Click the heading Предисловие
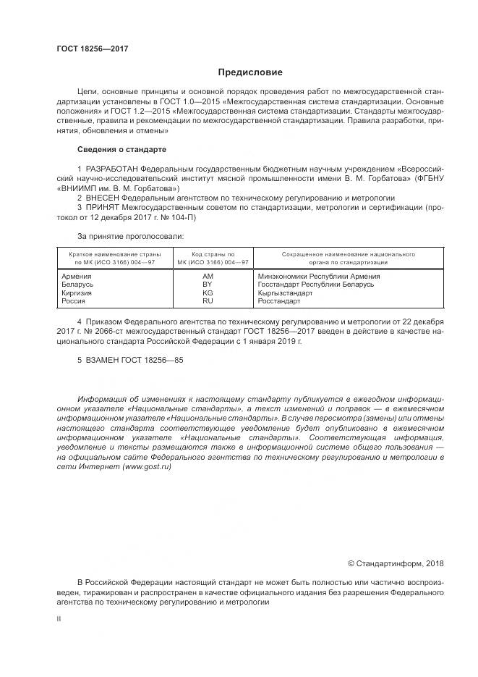(x=251, y=72)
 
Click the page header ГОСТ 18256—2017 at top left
(x=93, y=49)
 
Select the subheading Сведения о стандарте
(x=121, y=149)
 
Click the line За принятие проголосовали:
(x=130, y=236)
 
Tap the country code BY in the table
(x=208, y=285)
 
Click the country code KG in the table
(x=208, y=293)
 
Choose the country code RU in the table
(x=208, y=300)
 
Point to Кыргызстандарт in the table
(x=285, y=293)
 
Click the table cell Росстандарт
(x=278, y=300)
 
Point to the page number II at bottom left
(x=59, y=619)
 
